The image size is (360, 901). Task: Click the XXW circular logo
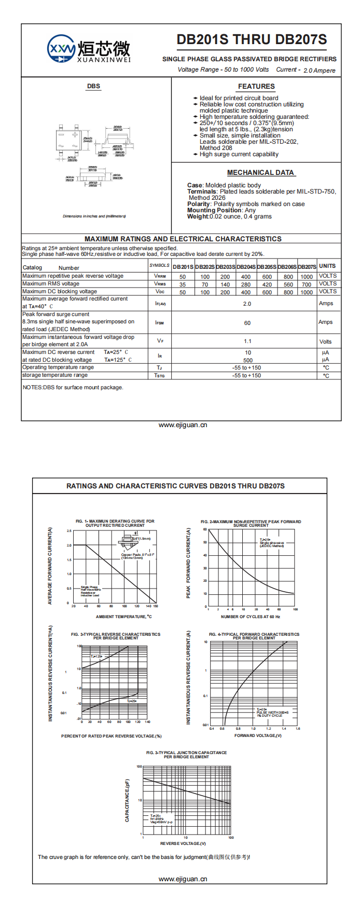point(61,49)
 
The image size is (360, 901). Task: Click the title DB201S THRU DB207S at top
point(252,40)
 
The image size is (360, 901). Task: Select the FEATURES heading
point(256,87)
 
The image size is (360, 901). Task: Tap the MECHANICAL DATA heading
point(260,173)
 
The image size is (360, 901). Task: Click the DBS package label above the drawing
point(93,87)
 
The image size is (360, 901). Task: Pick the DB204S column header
point(246,267)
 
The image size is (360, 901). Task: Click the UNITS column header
point(327,266)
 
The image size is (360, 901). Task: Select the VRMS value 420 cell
point(267,284)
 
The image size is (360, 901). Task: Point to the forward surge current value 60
point(247,323)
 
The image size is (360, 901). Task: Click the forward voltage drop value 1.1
point(247,342)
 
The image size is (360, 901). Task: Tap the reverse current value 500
point(248,360)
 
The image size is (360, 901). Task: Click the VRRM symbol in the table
point(160,277)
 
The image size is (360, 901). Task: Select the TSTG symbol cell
point(160,375)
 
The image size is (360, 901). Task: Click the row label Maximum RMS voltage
point(51,284)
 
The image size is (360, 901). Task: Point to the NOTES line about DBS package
point(73,388)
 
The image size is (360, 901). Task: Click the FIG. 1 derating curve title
point(115,523)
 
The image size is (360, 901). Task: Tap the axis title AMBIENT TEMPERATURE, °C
point(124,617)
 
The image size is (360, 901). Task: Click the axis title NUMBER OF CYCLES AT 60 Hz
point(251,617)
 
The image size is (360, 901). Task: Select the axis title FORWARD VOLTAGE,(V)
point(258,735)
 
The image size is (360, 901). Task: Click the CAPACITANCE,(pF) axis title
point(128,800)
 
